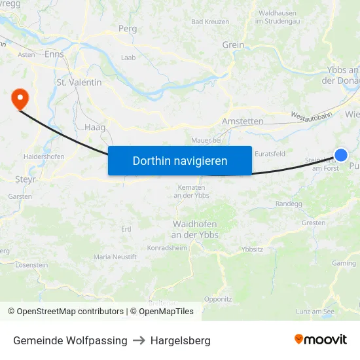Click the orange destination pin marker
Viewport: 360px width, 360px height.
click(x=20, y=99)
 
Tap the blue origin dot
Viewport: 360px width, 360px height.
click(x=341, y=155)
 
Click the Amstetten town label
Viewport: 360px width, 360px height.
click(x=242, y=122)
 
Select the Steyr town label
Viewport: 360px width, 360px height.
click(x=25, y=178)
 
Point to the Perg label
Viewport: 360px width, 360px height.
click(x=127, y=29)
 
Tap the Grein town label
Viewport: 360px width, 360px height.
click(x=233, y=45)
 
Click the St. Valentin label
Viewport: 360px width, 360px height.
click(x=79, y=82)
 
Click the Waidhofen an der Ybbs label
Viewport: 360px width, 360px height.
click(x=194, y=229)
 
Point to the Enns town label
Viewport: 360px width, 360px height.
click(x=54, y=54)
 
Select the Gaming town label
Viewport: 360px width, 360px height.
click(x=344, y=263)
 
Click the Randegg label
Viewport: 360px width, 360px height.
click(x=289, y=204)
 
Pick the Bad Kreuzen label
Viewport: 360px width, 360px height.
click(x=210, y=22)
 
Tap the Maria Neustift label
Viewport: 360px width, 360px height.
click(x=115, y=257)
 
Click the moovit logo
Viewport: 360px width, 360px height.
click(x=320, y=339)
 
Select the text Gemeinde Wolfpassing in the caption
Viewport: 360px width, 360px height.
click(x=70, y=340)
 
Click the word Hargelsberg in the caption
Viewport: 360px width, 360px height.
click(x=181, y=340)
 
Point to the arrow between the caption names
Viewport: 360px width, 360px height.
click(x=139, y=340)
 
